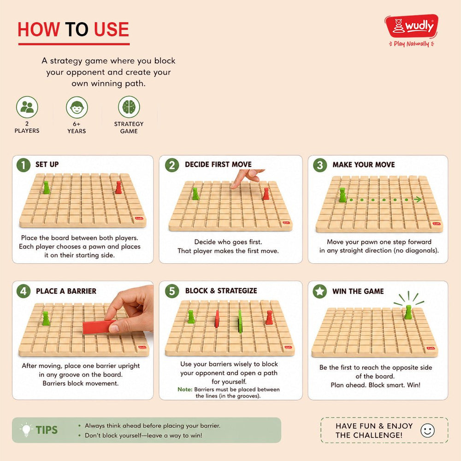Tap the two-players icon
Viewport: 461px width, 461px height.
[27, 107]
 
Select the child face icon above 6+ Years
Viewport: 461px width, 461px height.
[77, 107]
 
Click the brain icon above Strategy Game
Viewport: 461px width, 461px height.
[129, 107]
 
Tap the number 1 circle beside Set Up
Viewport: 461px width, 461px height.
[24, 165]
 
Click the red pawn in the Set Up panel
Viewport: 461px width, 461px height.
[118, 187]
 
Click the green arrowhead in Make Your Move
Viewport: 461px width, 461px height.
[418, 200]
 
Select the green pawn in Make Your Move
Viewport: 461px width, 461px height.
[342, 195]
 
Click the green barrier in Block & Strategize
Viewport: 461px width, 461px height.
[240, 322]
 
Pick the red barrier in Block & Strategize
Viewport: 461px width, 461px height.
[217, 319]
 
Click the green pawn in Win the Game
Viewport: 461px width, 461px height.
[408, 312]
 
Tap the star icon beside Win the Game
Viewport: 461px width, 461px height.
[320, 291]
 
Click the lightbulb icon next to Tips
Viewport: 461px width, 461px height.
[26, 430]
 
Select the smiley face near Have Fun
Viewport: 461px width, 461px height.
[427, 431]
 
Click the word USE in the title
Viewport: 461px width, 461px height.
[112, 30]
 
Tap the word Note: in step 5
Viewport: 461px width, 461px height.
[185, 389]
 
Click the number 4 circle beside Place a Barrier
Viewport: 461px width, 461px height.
[24, 291]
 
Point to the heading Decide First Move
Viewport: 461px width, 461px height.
[218, 165]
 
